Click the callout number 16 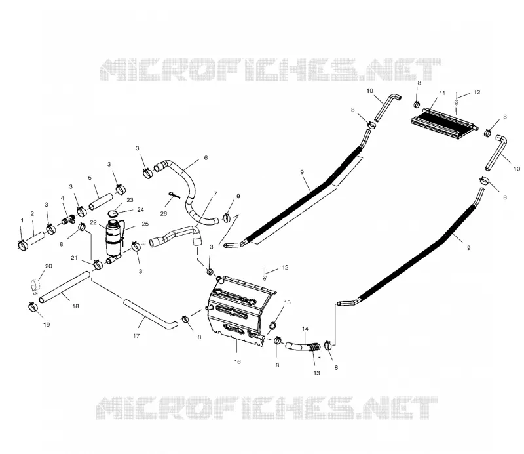pos(237,361)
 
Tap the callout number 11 pos(442,93)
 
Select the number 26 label pos(163,213)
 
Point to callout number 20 pos(48,266)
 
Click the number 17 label pos(136,335)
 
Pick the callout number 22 pos(93,222)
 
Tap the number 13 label pos(316,373)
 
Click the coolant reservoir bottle pos(113,240)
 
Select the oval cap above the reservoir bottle pos(113,213)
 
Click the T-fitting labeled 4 pos(69,220)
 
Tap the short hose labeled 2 pos(35,239)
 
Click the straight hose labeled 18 pos(65,287)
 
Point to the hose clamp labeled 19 pos(33,306)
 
